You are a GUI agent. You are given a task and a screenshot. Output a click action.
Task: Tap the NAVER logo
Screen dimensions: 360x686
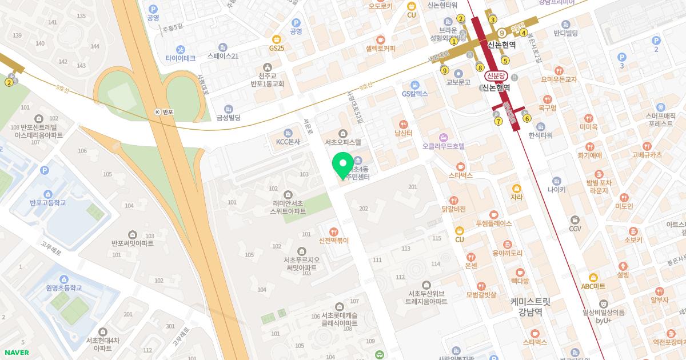[x=15, y=353]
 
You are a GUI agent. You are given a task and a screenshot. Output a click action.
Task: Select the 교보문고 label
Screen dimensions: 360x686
[x=458, y=82]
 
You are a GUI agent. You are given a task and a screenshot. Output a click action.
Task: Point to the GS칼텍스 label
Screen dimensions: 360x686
[x=414, y=93]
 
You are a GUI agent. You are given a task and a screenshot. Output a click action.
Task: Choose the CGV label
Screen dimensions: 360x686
[x=575, y=228]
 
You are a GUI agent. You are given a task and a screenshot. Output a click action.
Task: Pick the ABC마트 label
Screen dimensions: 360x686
[x=593, y=286]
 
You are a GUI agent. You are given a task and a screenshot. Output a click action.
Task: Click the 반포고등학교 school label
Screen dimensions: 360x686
[x=48, y=202]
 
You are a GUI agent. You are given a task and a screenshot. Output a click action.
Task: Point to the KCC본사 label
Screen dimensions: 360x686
[x=288, y=141]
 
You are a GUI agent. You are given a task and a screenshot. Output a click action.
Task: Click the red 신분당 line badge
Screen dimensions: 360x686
[x=496, y=76]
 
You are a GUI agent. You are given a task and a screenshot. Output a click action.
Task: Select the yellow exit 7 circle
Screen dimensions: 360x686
[x=498, y=121]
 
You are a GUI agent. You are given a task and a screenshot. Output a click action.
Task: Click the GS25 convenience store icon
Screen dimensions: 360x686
[x=277, y=39]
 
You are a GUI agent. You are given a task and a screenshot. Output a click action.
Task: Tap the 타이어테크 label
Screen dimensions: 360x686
[x=180, y=58]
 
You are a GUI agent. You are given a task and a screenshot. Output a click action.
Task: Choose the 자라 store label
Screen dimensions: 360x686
[x=516, y=197]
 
